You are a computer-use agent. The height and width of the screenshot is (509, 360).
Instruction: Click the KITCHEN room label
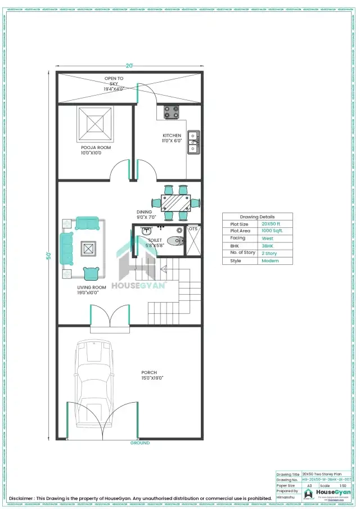[x=172, y=136]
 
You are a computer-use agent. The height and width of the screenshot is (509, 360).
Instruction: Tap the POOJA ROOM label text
[x=95, y=147]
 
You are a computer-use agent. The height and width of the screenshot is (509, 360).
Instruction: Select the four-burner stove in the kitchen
[x=171, y=112]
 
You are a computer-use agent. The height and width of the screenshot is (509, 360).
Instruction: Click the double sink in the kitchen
[x=193, y=142]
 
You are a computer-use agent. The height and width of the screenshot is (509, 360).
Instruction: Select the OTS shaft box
[x=193, y=241]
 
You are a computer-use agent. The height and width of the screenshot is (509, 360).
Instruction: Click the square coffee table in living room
[x=88, y=248]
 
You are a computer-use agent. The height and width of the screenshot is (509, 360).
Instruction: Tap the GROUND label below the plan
[x=140, y=443]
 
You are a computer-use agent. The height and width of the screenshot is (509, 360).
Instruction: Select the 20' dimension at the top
[x=129, y=66]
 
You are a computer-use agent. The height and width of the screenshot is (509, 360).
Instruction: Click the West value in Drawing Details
[x=269, y=238]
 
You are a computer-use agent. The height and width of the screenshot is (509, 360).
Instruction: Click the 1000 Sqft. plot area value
[x=272, y=231]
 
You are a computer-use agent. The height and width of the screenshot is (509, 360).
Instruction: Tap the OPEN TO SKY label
[x=114, y=78]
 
